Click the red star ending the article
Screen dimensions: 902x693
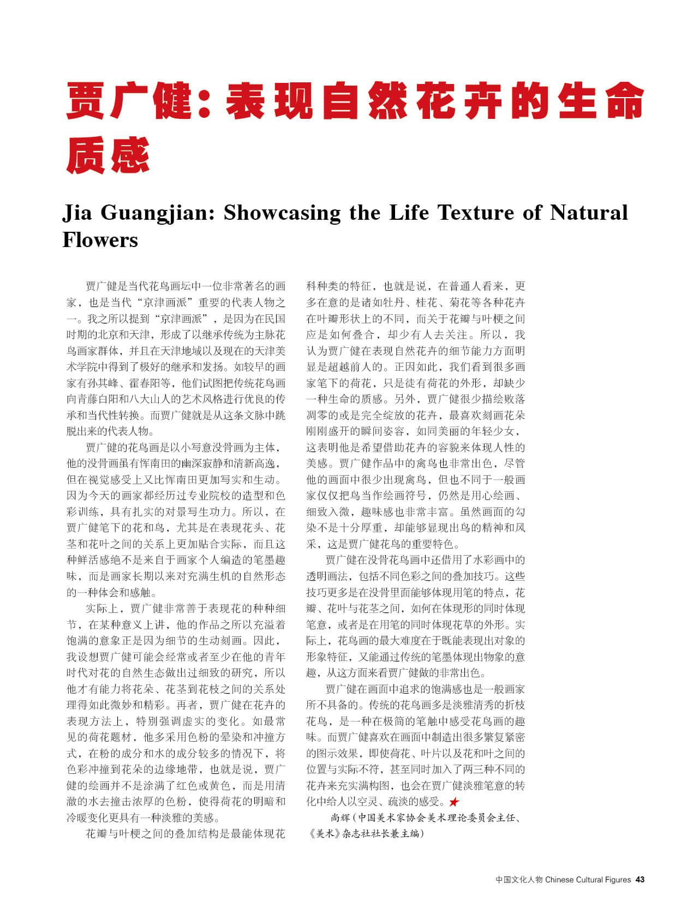(x=453, y=802)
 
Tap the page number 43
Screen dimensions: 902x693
(x=640, y=879)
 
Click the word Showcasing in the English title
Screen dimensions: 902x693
(x=282, y=212)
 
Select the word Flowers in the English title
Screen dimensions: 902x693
(x=100, y=239)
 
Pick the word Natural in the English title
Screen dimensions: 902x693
(x=588, y=212)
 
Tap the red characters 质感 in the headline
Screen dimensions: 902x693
(x=107, y=155)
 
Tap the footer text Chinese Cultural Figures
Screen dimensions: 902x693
(x=588, y=879)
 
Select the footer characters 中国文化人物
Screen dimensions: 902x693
(x=519, y=879)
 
